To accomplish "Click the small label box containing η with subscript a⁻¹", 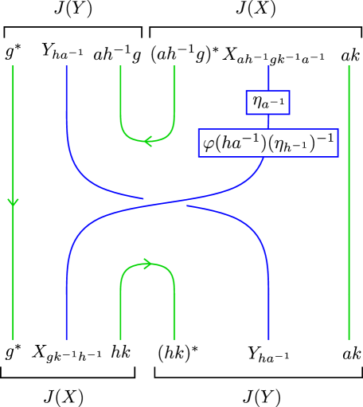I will [267, 102].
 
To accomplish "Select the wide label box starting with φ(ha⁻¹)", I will [267, 143].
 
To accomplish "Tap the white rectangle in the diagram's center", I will [165, 205].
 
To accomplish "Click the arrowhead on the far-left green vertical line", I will [13, 202].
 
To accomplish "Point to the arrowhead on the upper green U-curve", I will [147, 141].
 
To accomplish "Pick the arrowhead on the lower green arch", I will [147, 264].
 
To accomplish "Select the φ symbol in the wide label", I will [209, 144].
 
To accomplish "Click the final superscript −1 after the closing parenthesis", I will [325, 139].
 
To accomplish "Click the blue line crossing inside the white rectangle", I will [165, 205].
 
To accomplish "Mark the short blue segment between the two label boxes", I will [268, 122].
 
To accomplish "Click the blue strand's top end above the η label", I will [268, 68].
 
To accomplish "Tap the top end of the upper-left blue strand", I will [66, 68].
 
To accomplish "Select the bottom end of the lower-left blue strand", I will [66, 338].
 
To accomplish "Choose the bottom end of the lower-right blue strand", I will [269, 338].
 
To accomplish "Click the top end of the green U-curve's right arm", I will [174, 68].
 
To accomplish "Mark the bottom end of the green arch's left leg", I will [120, 338].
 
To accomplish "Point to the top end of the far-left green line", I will [13, 68].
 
